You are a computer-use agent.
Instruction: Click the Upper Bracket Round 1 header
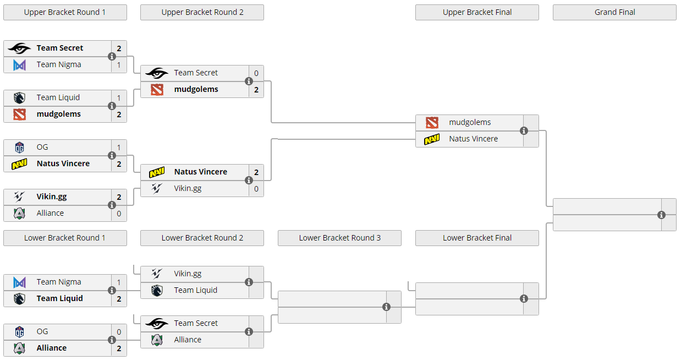(65, 12)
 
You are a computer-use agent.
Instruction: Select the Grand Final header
(614, 12)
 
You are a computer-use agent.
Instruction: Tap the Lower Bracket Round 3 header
(339, 238)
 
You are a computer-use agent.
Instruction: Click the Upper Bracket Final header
(477, 12)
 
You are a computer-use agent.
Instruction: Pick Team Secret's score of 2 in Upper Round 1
(119, 48)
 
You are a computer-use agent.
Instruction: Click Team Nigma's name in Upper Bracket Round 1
(59, 64)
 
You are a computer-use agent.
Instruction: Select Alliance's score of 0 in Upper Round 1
(119, 214)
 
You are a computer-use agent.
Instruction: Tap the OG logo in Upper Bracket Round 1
(20, 147)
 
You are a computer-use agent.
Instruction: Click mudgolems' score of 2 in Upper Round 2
(256, 90)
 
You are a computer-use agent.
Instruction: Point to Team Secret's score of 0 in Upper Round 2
(256, 73)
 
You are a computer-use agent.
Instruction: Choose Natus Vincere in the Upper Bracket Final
(473, 139)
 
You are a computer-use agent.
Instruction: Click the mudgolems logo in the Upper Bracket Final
(432, 122)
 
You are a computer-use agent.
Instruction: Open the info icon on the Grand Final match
(661, 215)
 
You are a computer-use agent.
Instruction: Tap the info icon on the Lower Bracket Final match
(524, 298)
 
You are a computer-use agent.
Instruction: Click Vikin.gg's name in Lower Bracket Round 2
(188, 274)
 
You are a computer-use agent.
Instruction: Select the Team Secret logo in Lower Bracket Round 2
(157, 323)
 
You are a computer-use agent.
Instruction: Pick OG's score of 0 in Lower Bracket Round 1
(119, 332)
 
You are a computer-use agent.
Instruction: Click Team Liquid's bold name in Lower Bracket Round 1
(59, 298)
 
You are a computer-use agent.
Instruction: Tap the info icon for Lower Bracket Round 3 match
(386, 307)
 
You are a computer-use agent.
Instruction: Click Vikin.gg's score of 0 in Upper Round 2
(256, 189)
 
